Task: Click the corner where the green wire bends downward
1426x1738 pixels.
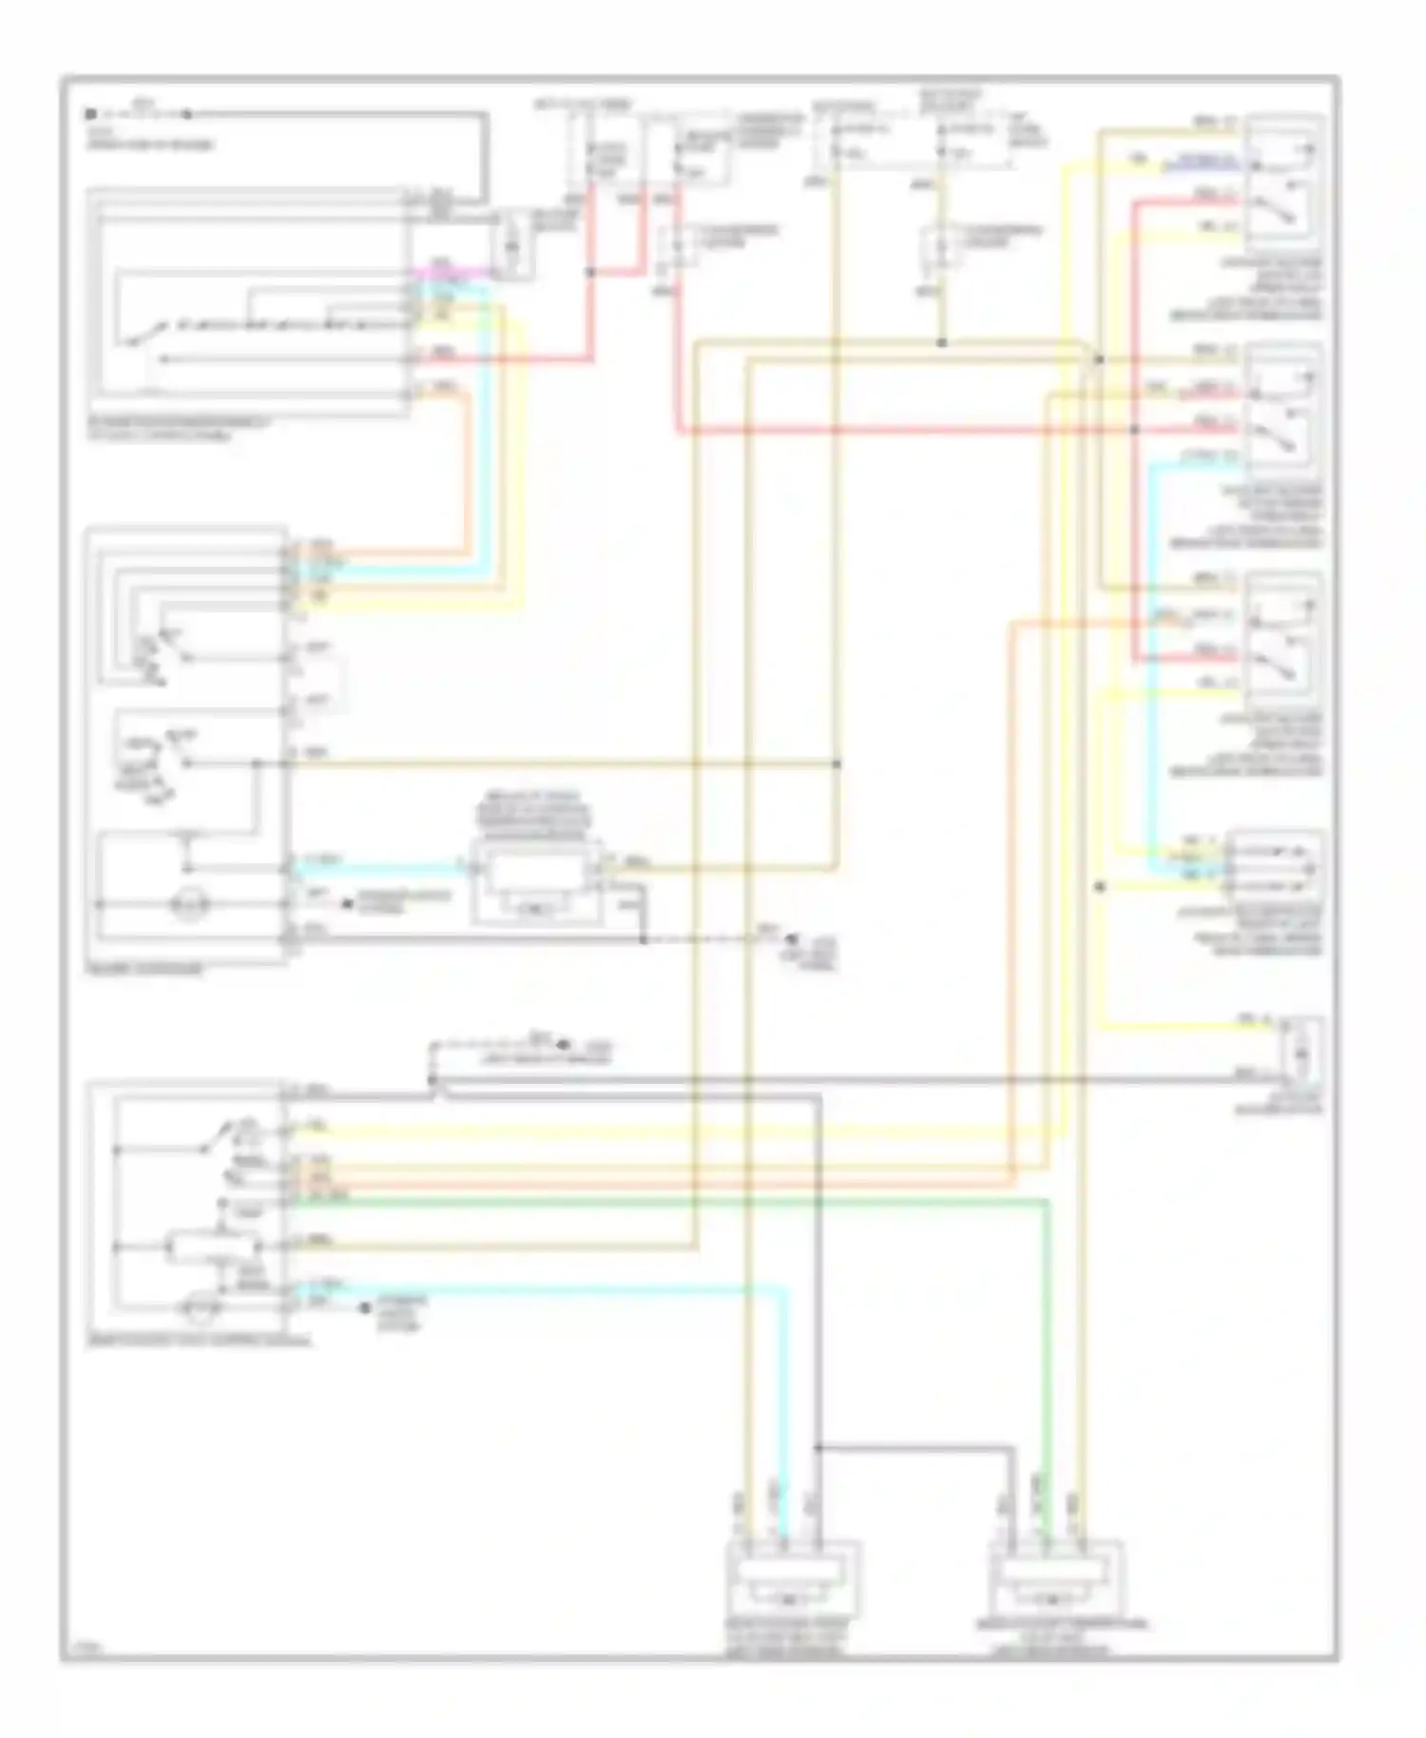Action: click(x=1047, y=1202)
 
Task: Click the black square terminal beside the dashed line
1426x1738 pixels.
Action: click(x=89, y=114)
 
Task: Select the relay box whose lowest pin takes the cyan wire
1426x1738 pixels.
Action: click(x=1283, y=414)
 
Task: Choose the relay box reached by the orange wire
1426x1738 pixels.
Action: click(x=1283, y=642)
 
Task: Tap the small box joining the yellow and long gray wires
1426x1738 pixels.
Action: click(x=1301, y=1051)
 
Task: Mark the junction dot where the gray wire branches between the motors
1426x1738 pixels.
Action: click(x=818, y=1448)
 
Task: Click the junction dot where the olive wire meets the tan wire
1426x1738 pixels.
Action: click(x=941, y=342)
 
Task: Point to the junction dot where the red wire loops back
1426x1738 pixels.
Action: click(x=589, y=272)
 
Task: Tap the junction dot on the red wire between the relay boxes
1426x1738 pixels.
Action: click(x=1134, y=430)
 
